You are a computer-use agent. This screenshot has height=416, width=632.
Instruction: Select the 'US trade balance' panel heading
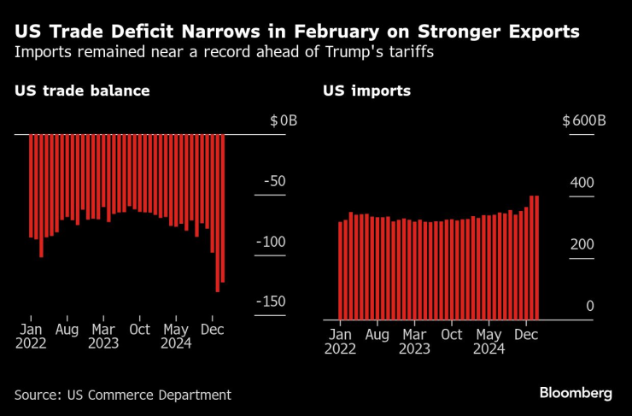pyautogui.click(x=82, y=91)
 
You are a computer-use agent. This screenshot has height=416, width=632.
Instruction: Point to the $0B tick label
pyautogui.click(x=283, y=121)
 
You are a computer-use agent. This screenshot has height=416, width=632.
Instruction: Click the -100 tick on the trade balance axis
pyautogui.click(x=271, y=243)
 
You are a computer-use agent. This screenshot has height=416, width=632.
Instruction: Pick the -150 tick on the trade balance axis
pyautogui.click(x=271, y=302)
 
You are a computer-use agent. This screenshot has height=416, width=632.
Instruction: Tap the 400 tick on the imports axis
pyautogui.click(x=581, y=183)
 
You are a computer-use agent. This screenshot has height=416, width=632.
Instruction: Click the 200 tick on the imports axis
pyautogui.click(x=581, y=244)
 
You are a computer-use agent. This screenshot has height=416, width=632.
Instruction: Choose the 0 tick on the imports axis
pyautogui.click(x=588, y=307)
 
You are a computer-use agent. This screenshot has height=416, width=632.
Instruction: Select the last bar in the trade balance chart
pyautogui.click(x=223, y=208)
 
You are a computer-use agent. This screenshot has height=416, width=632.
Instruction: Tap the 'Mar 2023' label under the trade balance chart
pyautogui.click(x=103, y=337)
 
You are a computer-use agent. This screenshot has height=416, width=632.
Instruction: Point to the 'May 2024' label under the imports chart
pyautogui.click(x=489, y=342)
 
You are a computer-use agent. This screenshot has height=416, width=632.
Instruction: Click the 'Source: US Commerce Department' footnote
pyautogui.click(x=123, y=395)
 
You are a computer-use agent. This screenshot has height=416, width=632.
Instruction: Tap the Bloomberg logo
pyautogui.click(x=575, y=393)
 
